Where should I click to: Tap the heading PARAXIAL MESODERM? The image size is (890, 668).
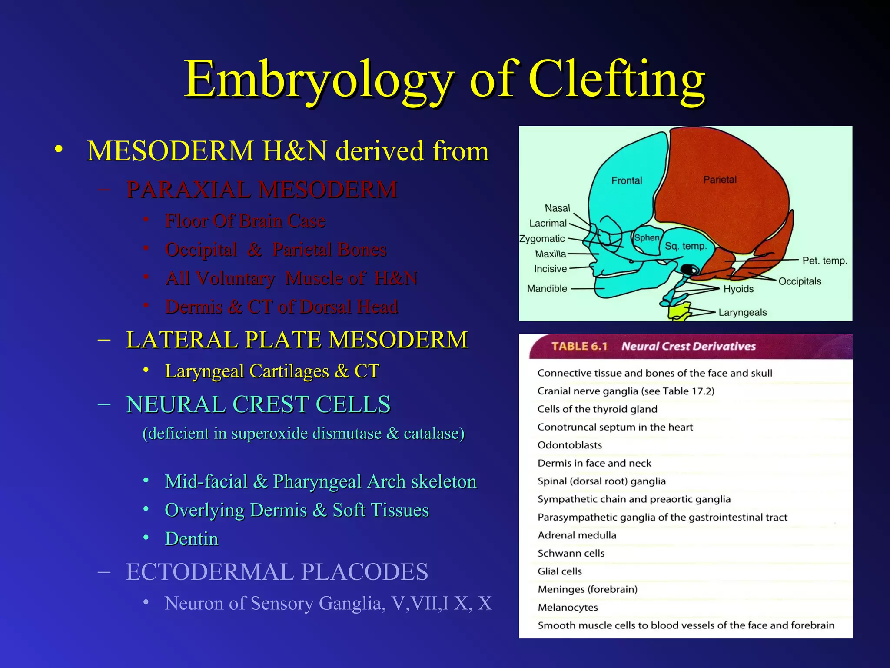click(262, 190)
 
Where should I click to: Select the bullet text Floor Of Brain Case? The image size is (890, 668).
click(245, 221)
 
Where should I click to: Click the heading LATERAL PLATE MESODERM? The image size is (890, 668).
click(297, 340)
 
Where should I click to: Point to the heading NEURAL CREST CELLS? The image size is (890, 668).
click(258, 404)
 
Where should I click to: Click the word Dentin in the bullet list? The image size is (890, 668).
click(192, 539)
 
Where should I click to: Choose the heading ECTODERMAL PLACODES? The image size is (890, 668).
click(277, 571)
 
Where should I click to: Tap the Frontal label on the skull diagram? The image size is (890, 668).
click(626, 180)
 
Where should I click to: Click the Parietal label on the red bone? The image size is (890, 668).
click(720, 180)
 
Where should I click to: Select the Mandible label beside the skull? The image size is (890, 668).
click(547, 289)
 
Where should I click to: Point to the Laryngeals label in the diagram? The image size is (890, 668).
click(742, 312)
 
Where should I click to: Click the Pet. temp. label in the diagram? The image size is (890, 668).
click(824, 261)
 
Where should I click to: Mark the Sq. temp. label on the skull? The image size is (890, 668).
click(686, 246)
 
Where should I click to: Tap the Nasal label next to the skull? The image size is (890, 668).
click(557, 208)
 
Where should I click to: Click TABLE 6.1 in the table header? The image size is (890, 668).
click(579, 347)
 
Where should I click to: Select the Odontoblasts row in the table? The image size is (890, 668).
click(569, 445)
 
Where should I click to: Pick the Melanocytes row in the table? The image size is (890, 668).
click(568, 608)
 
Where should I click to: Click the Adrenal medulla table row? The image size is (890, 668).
click(577, 535)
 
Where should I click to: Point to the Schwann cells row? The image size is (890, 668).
click(571, 553)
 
